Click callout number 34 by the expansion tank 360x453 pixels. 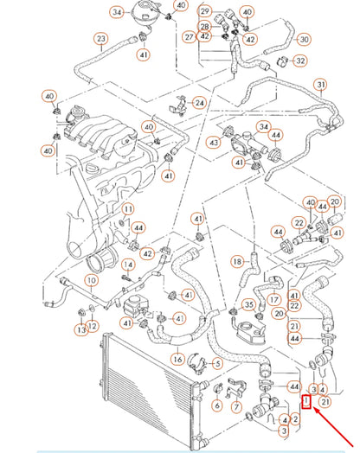(x=116, y=12)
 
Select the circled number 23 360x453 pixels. (x=100, y=39)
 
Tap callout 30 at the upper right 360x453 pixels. (x=304, y=39)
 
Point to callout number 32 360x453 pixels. (x=299, y=61)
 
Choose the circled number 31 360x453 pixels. (x=320, y=84)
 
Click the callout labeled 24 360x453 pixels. (x=199, y=102)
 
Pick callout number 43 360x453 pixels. (x=213, y=143)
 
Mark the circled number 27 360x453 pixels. (x=189, y=37)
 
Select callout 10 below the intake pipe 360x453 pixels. (x=92, y=281)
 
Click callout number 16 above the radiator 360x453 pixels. (x=178, y=360)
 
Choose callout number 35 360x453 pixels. (x=247, y=304)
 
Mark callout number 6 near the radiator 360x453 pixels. (x=217, y=405)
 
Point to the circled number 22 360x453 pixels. (x=294, y=306)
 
